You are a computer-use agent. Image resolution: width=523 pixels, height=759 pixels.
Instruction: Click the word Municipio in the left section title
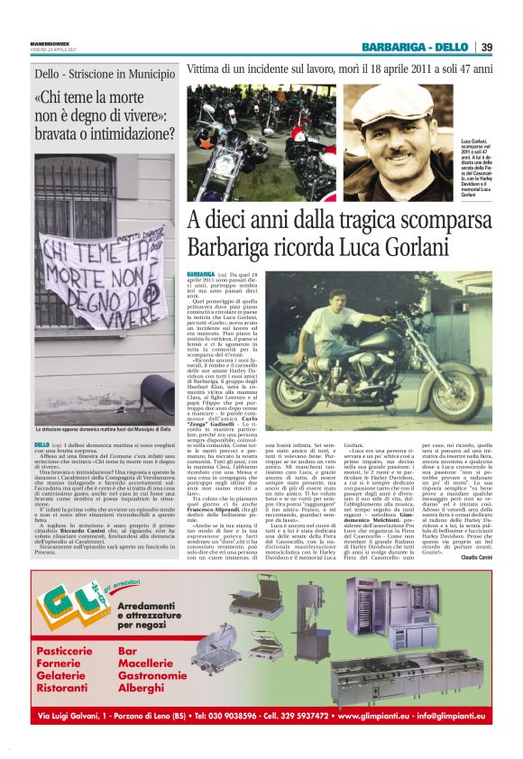(x=149, y=78)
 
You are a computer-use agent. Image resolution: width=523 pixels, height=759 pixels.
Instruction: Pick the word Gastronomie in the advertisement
(x=159, y=674)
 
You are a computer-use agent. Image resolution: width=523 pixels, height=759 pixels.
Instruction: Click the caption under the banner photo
(x=93, y=432)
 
